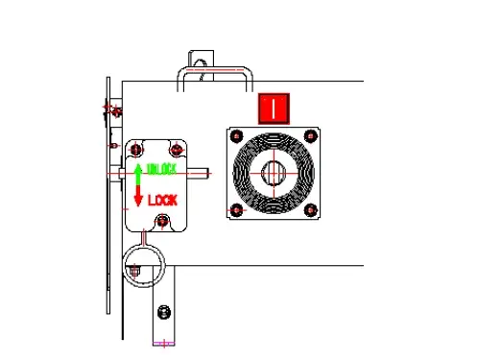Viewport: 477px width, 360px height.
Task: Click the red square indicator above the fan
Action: point(274,108)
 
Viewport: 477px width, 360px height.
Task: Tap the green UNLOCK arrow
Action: point(138,174)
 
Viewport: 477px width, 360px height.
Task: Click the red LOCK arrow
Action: point(138,199)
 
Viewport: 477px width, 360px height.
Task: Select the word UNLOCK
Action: point(160,170)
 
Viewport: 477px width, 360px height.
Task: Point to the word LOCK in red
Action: point(162,200)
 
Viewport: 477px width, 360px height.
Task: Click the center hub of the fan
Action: point(274,173)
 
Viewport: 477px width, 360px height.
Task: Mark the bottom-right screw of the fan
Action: point(310,210)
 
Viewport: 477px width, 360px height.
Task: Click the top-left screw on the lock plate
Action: point(136,150)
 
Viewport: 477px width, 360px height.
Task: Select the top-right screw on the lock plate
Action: point(176,150)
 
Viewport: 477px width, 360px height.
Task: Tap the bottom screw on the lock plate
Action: point(162,222)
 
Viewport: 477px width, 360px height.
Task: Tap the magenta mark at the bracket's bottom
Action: point(164,341)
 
